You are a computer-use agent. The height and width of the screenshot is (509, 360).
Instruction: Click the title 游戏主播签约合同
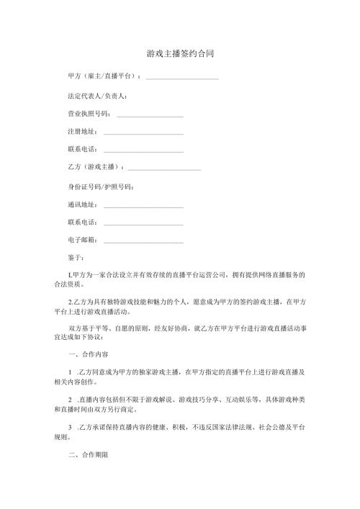click(180, 54)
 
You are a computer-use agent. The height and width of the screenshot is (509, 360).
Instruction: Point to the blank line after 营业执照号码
click(150, 115)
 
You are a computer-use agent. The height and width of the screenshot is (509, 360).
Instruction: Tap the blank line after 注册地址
click(143, 133)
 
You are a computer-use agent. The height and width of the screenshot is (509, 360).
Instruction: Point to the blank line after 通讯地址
click(143, 207)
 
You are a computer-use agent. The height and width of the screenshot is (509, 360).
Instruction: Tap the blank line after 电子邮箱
click(143, 242)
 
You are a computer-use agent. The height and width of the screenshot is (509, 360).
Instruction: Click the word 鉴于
click(75, 258)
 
